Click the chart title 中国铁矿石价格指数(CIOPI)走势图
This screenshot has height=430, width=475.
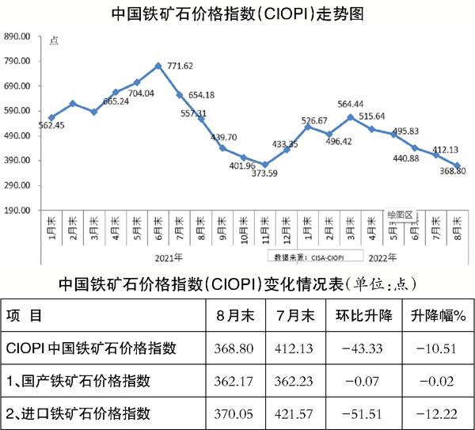click(x=237, y=13)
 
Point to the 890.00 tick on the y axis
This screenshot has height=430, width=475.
click(x=17, y=36)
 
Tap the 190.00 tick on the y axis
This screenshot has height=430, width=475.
click(x=17, y=210)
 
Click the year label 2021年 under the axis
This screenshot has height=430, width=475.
click(x=169, y=257)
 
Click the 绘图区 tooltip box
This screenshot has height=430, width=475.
click(x=400, y=214)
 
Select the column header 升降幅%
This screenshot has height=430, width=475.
click(x=438, y=315)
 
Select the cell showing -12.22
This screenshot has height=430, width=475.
click(x=437, y=413)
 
